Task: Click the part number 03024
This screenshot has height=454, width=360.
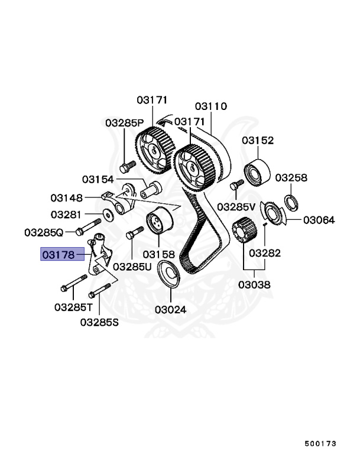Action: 170,309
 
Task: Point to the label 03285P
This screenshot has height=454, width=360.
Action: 124,123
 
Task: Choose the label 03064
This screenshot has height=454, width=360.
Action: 319,220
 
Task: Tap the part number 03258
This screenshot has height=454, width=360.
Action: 291,177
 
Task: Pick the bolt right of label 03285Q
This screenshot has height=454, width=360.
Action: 85,227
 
